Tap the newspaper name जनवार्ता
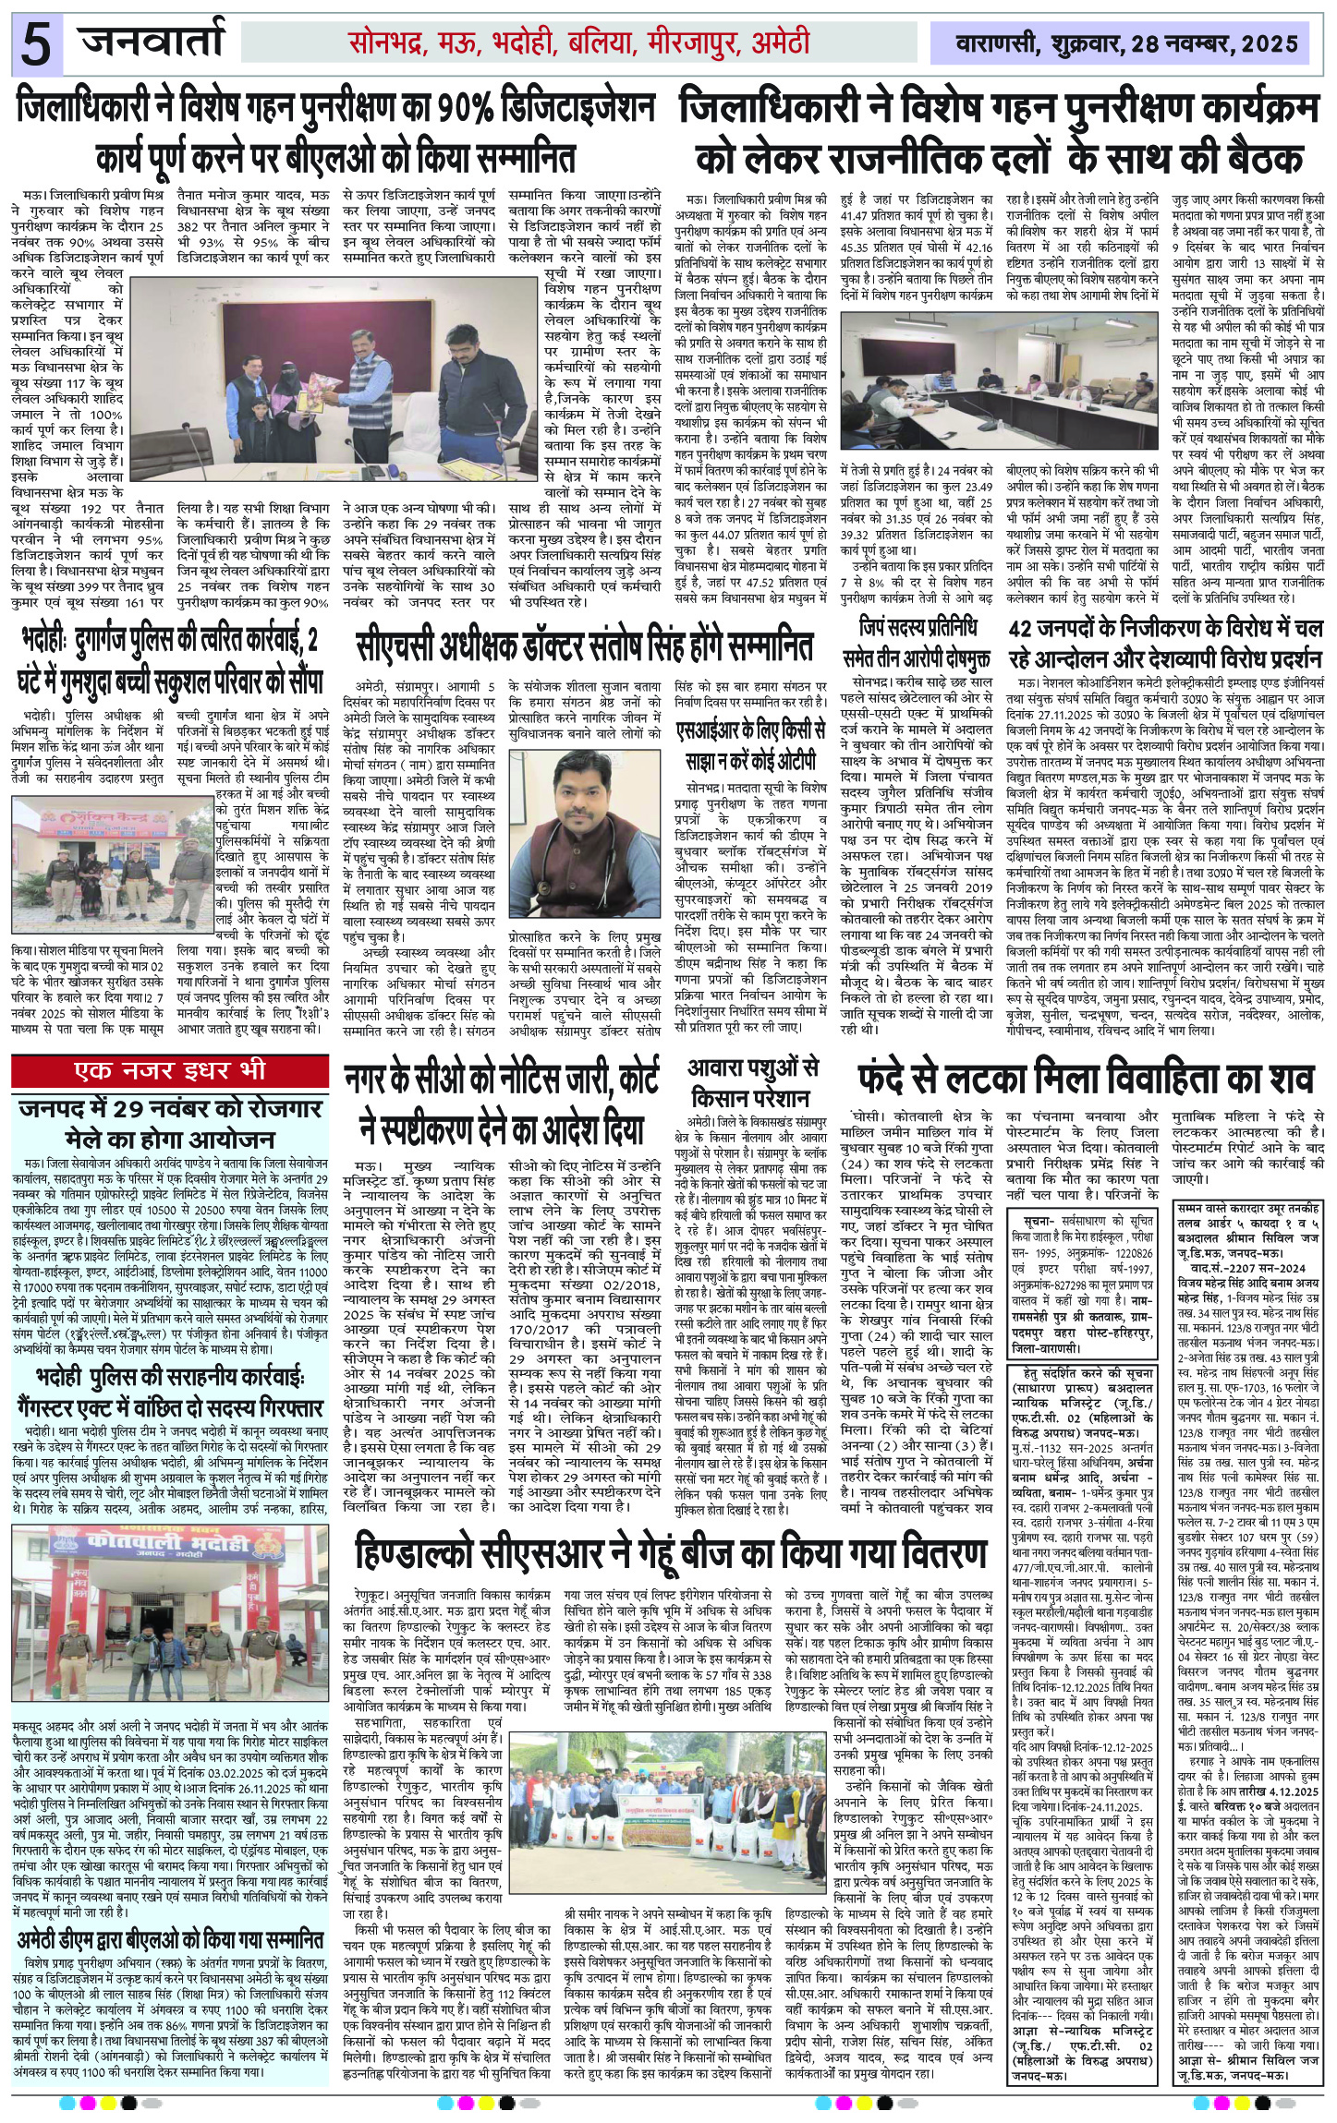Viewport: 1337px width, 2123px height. [x=152, y=42]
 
